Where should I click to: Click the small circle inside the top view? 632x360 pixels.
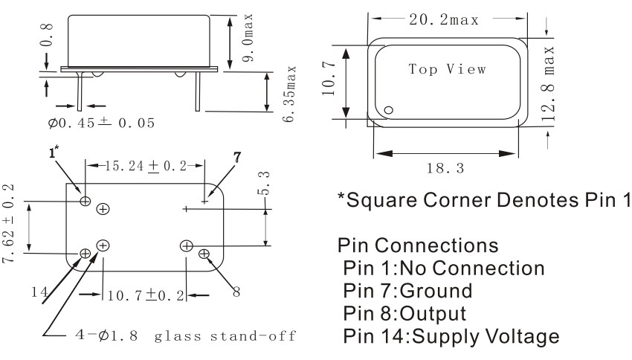click(x=388, y=111)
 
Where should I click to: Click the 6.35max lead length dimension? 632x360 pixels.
click(x=291, y=92)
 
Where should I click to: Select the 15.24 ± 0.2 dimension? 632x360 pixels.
click(x=145, y=164)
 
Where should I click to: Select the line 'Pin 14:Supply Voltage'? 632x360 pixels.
click(x=449, y=336)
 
